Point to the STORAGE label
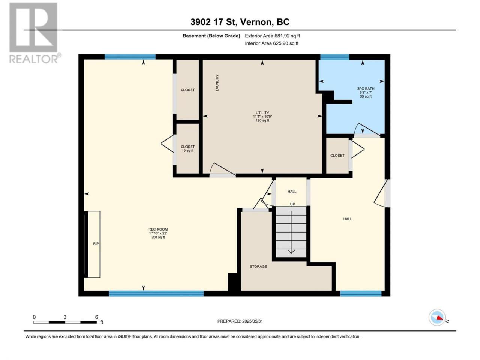pyautogui.click(x=258, y=267)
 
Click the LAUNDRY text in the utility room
pyautogui.click(x=217, y=82)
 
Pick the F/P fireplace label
pyautogui.click(x=96, y=244)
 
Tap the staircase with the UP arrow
pyautogui.click(x=291, y=232)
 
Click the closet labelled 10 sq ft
pyautogui.click(x=187, y=148)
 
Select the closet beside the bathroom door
pyautogui.click(x=337, y=156)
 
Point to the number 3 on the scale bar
pyautogui.click(x=65, y=317)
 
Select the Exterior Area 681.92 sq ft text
pyautogui.click(x=273, y=36)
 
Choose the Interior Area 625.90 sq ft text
pyautogui.click(x=271, y=43)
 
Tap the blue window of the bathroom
pyautogui.click(x=334, y=57)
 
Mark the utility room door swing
pyautogui.click(x=222, y=170)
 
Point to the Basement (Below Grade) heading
pyautogui.click(x=211, y=36)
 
